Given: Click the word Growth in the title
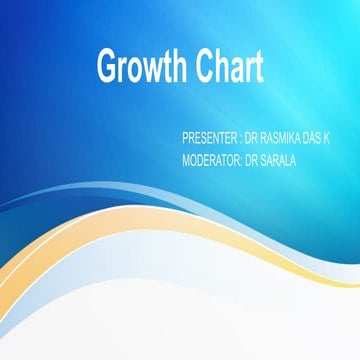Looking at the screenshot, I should [x=139, y=68].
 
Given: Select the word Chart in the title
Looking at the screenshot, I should [x=229, y=67].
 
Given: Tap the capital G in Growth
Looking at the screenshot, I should [x=106, y=67].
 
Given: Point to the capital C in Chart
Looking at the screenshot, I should [x=203, y=67].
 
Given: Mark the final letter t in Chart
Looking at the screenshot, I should [x=259, y=68].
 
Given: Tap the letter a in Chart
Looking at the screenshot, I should [x=235, y=70].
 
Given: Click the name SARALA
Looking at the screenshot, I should [x=279, y=157].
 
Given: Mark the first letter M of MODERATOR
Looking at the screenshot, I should [x=187, y=157].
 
